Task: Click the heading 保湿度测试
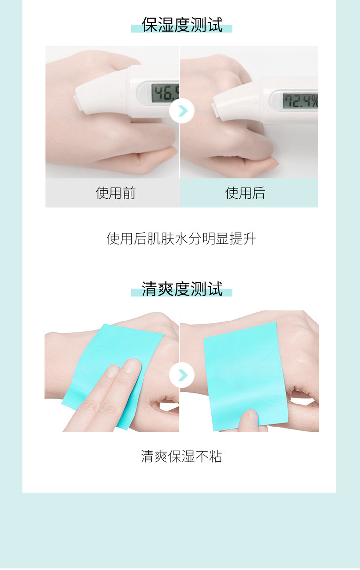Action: coord(182,25)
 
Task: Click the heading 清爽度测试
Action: coord(182,289)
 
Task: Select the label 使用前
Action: coord(115,193)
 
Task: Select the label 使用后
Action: coord(245,193)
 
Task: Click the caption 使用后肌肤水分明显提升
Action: coord(181,239)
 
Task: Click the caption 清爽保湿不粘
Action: coord(181,456)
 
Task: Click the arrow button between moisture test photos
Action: coord(182,111)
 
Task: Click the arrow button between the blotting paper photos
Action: coord(182,375)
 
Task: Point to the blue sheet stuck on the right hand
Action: coord(243,376)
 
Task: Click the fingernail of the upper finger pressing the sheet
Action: coord(132,366)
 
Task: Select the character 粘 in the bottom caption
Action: coord(216,456)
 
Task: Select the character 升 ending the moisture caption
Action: coord(250,239)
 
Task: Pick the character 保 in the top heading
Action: coord(149,25)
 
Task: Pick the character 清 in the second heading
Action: coord(149,289)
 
